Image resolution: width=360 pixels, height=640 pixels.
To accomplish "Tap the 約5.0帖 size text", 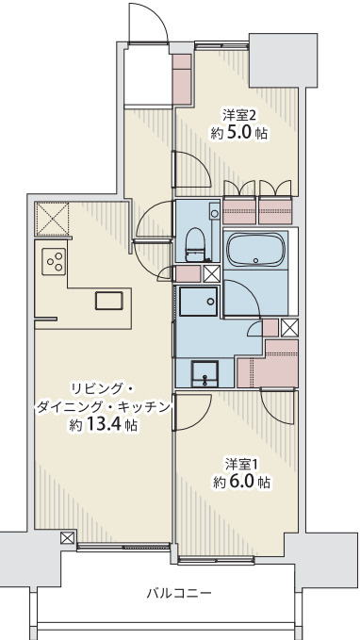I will click(238, 134).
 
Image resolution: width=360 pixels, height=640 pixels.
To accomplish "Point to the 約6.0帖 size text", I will click(241, 482).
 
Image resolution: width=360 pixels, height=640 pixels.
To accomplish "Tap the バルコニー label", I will click(178, 593).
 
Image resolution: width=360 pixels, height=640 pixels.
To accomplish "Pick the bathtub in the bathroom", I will click(254, 251).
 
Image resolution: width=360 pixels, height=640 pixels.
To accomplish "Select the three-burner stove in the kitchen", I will click(54, 259).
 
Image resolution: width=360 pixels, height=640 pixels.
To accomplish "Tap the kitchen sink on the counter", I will click(108, 301).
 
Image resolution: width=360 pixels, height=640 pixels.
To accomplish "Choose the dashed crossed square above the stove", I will click(51, 220).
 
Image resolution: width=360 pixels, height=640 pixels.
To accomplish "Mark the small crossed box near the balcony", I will click(67, 538).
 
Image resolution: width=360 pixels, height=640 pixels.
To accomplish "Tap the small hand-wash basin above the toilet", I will click(215, 214).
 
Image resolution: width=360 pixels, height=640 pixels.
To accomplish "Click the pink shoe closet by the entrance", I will click(181, 77).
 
